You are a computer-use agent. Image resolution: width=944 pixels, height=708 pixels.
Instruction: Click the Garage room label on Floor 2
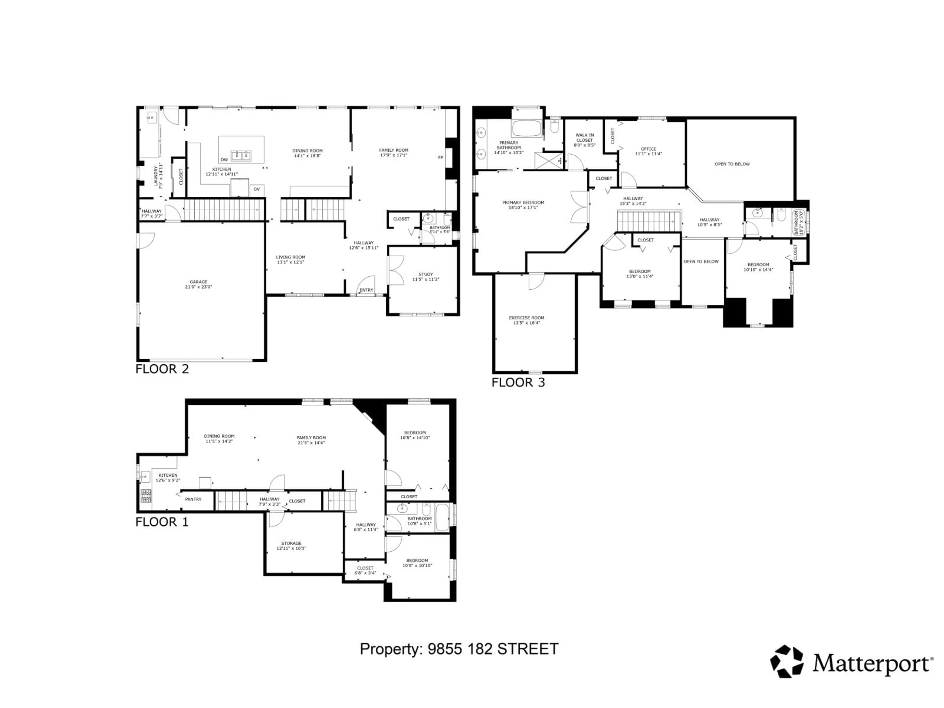pos(198,282)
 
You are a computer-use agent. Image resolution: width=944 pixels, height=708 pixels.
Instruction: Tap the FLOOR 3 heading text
pos(518,382)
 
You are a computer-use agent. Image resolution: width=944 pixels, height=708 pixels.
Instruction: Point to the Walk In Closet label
pos(584,137)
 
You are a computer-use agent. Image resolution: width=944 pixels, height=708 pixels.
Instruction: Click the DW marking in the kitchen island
pos(224,160)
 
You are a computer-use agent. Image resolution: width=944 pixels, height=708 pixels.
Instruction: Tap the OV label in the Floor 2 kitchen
pos(256,189)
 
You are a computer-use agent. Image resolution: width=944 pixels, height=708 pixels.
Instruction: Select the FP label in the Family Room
pos(441,158)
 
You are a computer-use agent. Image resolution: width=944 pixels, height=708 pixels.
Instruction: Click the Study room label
pos(426,274)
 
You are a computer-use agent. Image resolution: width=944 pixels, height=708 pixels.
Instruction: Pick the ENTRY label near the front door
pos(366,290)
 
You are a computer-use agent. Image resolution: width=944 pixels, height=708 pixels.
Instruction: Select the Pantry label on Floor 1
pos(193,499)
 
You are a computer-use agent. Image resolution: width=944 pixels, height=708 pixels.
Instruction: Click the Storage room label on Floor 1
pos(291,543)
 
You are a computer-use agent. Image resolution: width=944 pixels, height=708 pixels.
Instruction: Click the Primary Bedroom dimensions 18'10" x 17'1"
pos(523,208)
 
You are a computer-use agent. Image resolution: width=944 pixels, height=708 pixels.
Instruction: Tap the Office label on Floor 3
pos(648,149)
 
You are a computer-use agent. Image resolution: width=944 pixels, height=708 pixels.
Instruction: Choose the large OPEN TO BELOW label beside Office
pos(732,164)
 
